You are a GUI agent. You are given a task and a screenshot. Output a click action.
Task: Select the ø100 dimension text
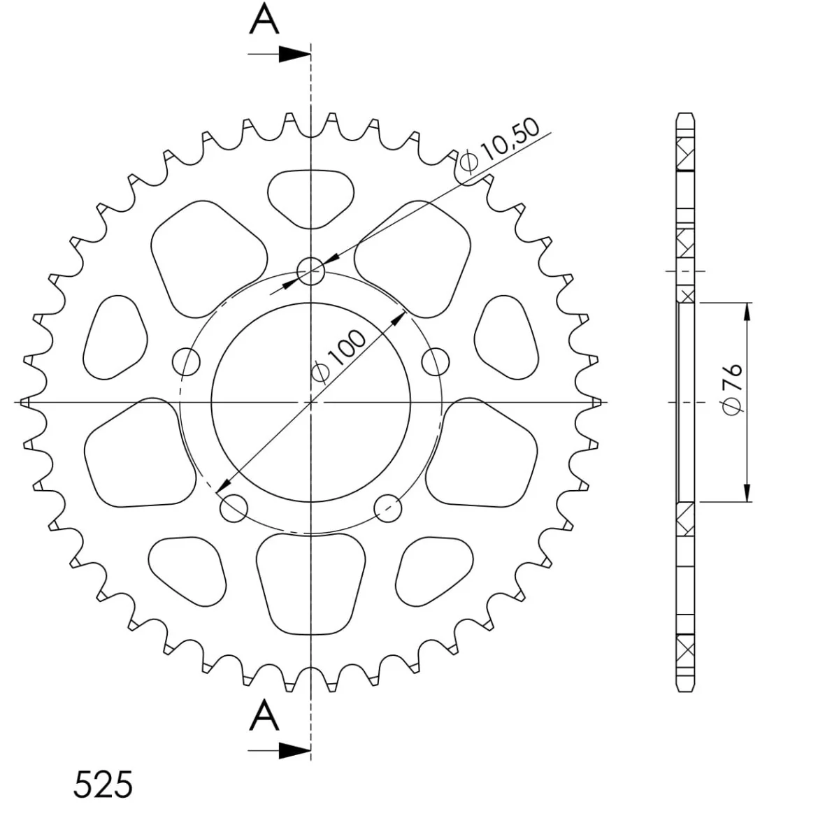[338, 358]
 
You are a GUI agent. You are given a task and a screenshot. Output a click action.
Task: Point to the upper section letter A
[264, 18]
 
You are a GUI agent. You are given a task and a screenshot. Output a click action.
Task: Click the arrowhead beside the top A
[294, 54]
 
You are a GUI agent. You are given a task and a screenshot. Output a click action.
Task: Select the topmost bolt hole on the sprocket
[310, 271]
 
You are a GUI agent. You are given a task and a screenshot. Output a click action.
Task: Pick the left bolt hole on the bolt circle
[187, 361]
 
